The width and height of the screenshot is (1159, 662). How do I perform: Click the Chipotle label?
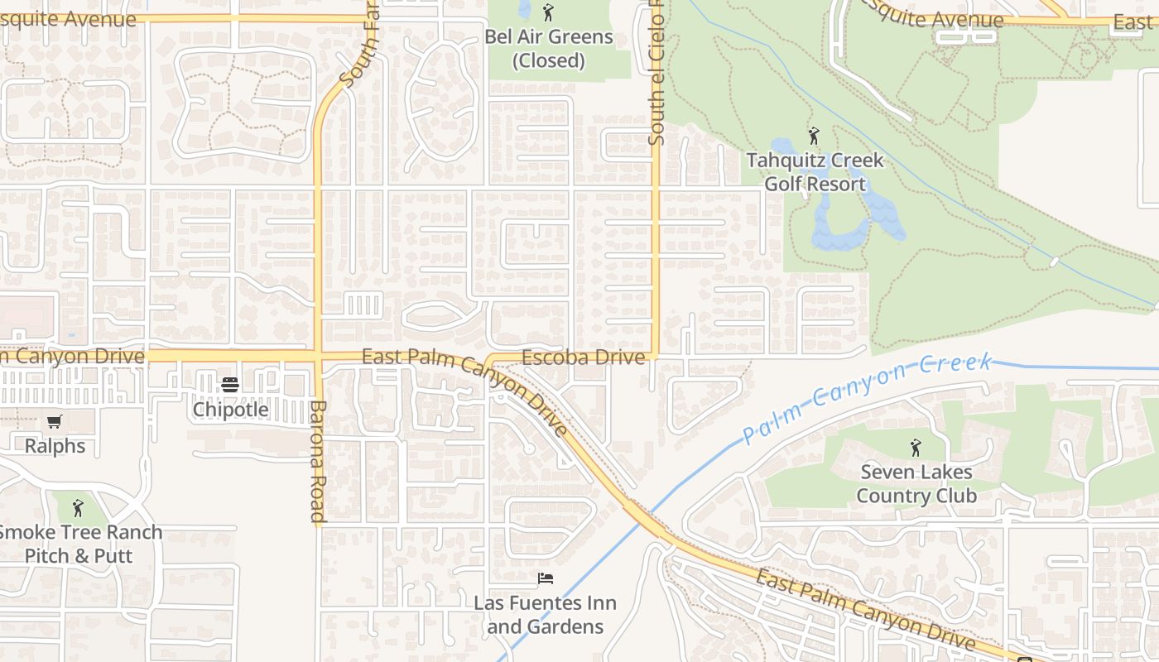tap(230, 410)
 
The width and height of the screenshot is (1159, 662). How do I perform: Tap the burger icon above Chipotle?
tap(230, 385)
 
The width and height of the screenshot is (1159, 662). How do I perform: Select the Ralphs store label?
tap(55, 446)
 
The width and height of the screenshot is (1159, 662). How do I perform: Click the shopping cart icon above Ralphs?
tap(55, 422)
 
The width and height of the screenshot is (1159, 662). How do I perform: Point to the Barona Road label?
tap(318, 462)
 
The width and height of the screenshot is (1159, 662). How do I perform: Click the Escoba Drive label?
tap(583, 357)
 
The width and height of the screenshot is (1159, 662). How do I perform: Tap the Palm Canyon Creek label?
tap(867, 398)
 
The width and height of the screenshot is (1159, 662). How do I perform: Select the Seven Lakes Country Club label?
tap(916, 484)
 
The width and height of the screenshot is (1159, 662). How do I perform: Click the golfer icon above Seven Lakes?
tap(916, 449)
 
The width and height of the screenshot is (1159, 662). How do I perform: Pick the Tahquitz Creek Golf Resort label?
tap(815, 172)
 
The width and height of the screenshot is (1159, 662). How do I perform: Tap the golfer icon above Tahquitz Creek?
tap(814, 136)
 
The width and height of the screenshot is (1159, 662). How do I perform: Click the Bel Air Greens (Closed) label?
tap(548, 49)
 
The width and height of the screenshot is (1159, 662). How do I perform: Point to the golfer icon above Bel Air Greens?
tap(547, 12)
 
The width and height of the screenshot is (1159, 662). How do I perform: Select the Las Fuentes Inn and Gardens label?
tap(545, 615)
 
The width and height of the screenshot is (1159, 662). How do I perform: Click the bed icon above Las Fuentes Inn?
tap(545, 578)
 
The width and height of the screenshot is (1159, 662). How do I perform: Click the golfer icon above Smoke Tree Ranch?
tap(78, 507)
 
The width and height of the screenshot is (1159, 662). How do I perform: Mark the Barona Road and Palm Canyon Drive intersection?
tap(319, 357)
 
